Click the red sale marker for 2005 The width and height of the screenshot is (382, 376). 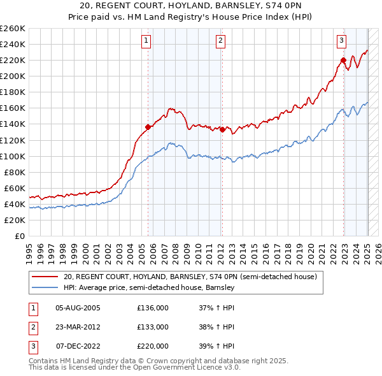tap(148, 127)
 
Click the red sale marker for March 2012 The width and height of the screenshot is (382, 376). tap(222, 129)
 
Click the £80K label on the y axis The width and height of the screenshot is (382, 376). tap(15, 172)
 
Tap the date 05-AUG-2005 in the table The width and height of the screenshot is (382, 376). tap(78, 308)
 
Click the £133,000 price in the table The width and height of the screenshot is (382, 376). tap(153, 327)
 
